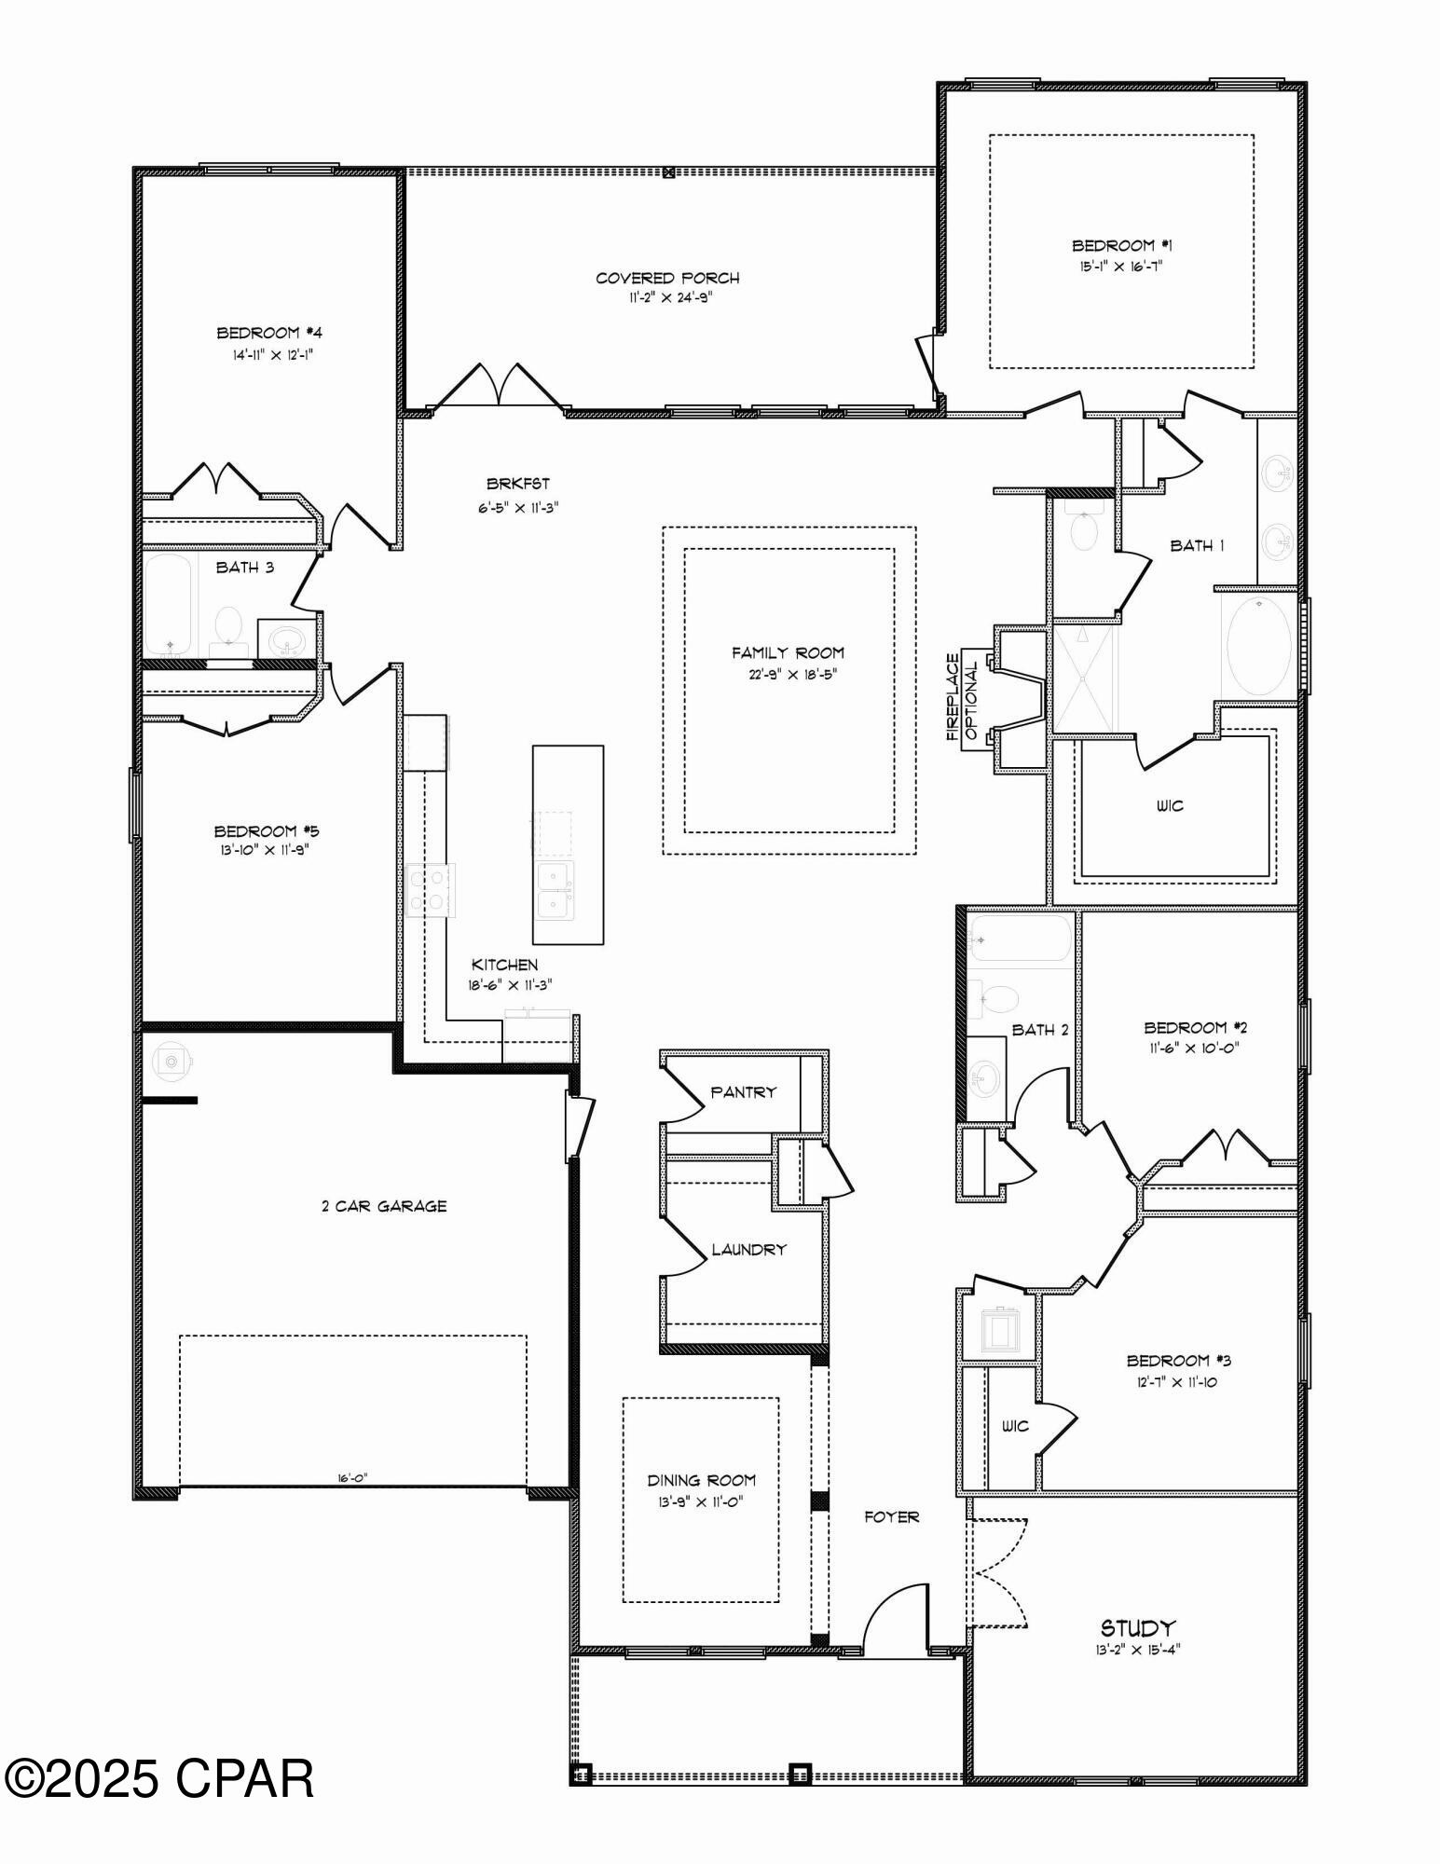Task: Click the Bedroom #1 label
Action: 1121,246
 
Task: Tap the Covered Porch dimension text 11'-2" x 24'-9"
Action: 667,298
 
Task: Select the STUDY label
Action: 1137,1628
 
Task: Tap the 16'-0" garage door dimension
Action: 353,1477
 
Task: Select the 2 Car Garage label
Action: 384,1206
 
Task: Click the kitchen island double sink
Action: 555,891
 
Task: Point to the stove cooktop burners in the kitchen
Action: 431,890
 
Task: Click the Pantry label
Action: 743,1092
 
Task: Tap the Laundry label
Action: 748,1250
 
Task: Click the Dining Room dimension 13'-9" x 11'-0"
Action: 701,1501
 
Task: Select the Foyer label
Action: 891,1517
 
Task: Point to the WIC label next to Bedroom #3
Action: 1014,1427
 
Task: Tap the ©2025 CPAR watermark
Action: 158,1779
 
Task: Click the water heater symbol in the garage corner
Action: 171,1062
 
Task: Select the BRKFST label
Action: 518,484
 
